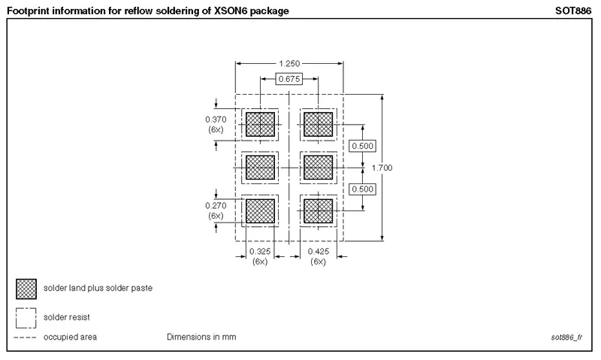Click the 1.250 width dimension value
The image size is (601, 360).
coord(289,64)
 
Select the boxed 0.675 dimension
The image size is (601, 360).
coord(289,79)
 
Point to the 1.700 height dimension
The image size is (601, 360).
coord(382,168)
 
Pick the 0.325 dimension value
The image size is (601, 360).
coord(260,251)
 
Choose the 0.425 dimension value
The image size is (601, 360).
coord(319,251)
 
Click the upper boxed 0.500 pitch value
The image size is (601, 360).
coord(364,146)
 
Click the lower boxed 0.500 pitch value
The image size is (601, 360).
coord(364,189)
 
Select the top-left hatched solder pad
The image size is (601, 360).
coord(260,124)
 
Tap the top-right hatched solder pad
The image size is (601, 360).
coord(318,124)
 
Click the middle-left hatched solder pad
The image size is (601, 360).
coord(260,167)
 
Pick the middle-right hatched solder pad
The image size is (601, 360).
coord(318,167)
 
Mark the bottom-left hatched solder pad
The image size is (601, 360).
coord(260,210)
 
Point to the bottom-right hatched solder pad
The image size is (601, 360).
coord(318,210)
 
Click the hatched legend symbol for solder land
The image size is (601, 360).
coord(26,289)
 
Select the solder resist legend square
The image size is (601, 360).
coord(26,317)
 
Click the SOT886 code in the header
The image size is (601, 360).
coord(575,11)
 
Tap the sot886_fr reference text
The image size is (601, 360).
coord(567,337)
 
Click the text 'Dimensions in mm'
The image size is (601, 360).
coord(201,337)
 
